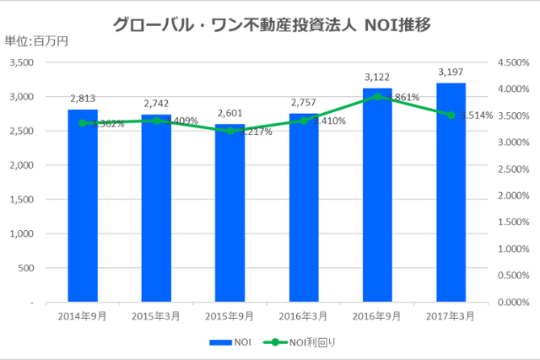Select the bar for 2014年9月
pyautogui.click(x=83, y=211)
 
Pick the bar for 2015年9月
pyautogui.click(x=229, y=219)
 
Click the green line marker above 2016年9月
pyautogui.click(x=378, y=96)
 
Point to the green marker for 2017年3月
pyautogui.click(x=451, y=115)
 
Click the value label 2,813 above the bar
pyautogui.click(x=83, y=99)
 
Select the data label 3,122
pyautogui.click(x=377, y=78)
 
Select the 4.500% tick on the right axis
pyautogui.click(x=511, y=62)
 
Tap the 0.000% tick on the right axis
pyautogui.click(x=511, y=302)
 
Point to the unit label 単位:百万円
pyautogui.click(x=35, y=40)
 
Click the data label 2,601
pyautogui.click(x=229, y=113)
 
